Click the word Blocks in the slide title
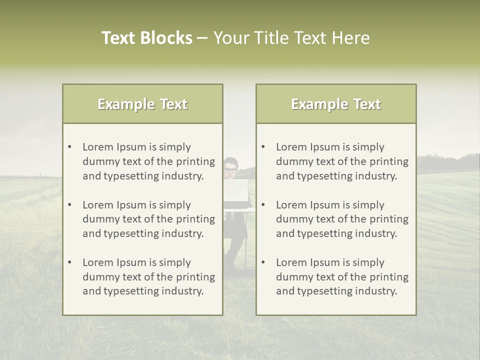167,38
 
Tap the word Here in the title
351,38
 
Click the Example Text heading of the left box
142,104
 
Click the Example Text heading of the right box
336,104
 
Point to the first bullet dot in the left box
70,147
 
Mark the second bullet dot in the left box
70,205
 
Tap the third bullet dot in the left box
70,262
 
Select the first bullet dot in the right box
263,147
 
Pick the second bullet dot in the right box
263,205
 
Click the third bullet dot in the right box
263,262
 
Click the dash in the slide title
203,38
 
